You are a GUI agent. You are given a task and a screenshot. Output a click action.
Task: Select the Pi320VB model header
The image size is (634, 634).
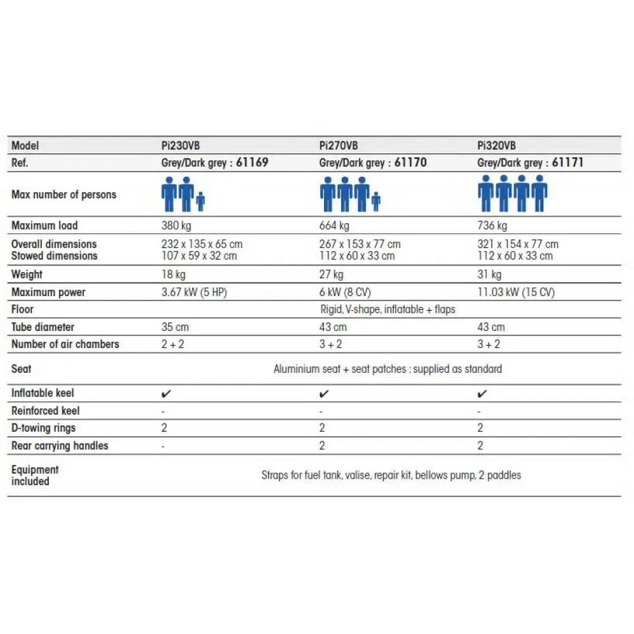click(x=496, y=146)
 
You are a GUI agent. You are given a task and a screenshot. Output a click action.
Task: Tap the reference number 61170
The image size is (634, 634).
click(x=410, y=163)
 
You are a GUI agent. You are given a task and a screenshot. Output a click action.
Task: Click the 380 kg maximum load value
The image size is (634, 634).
click(x=176, y=226)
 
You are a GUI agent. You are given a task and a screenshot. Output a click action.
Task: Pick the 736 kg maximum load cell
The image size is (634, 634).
click(x=492, y=226)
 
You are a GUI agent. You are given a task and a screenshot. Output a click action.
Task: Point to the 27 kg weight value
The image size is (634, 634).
click(x=332, y=275)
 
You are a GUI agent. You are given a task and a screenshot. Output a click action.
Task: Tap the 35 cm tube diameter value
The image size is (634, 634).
click(x=175, y=327)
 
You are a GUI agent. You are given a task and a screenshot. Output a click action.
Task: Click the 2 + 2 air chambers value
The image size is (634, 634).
click(x=172, y=344)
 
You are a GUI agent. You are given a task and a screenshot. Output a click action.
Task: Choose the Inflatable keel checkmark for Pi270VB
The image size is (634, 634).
click(x=324, y=394)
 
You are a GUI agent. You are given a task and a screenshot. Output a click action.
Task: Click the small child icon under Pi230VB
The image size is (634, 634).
click(x=200, y=202)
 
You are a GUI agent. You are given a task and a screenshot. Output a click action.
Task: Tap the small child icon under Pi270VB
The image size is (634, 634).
click(x=376, y=202)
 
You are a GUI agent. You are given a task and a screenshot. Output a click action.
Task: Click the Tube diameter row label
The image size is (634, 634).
click(x=42, y=327)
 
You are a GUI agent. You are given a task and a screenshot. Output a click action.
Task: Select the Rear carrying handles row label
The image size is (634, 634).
click(x=60, y=446)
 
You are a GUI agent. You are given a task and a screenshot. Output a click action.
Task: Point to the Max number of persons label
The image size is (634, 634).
click(x=63, y=195)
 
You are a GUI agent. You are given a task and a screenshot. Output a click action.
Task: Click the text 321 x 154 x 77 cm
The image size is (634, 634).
click(x=517, y=244)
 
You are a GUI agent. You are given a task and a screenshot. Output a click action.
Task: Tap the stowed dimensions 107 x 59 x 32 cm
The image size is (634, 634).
click(x=199, y=256)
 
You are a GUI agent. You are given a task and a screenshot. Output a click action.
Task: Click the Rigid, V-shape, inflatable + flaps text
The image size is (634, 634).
click(x=388, y=309)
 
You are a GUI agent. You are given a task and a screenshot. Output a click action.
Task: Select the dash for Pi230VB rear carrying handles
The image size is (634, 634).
click(x=164, y=446)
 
